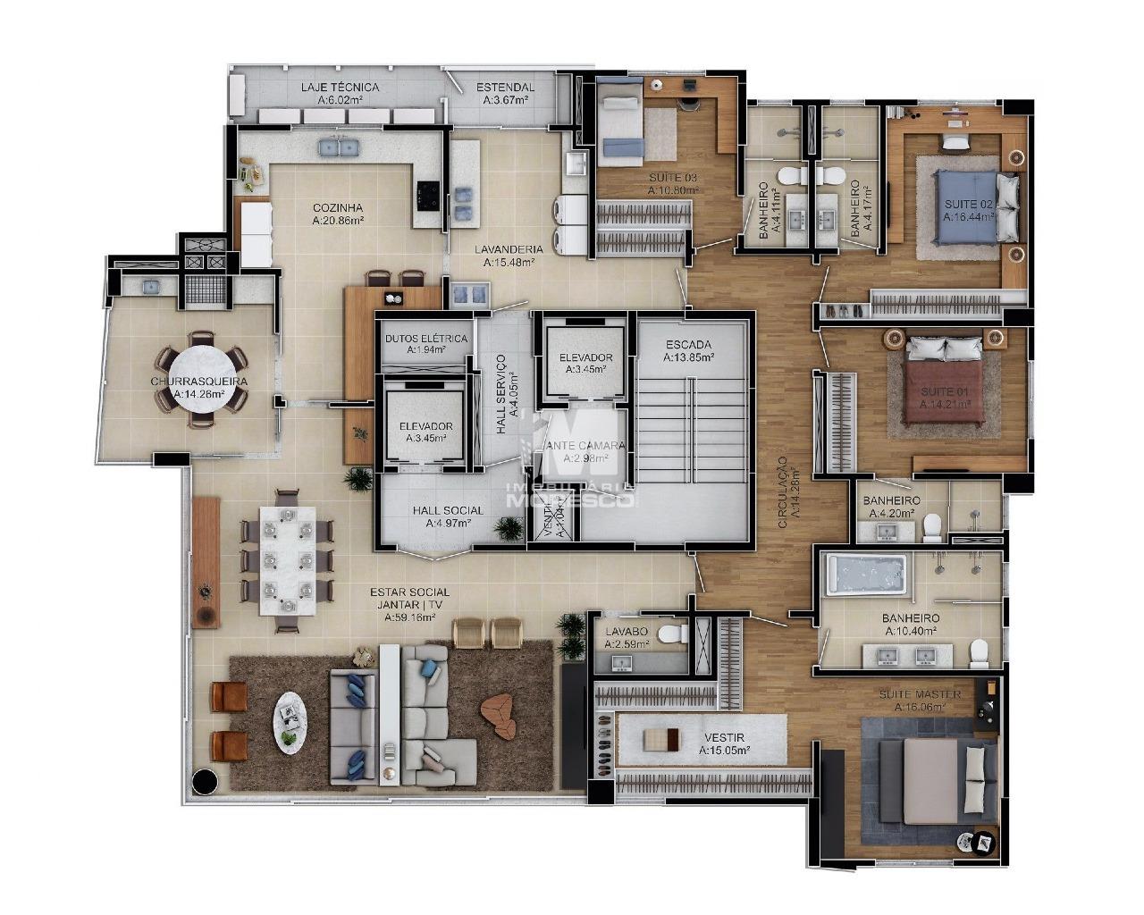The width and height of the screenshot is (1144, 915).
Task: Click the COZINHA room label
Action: coord(337,207)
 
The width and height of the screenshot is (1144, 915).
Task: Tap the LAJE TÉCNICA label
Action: coord(340,88)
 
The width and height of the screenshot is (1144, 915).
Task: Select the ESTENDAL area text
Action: coord(505,100)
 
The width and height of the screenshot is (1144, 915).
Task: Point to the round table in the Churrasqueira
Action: coord(200,382)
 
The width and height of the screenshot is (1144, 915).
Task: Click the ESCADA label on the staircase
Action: coord(688,344)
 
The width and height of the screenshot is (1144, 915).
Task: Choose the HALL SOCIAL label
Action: coord(448,510)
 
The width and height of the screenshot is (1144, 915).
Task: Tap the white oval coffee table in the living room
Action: coord(288,722)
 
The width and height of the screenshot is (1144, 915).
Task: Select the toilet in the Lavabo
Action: coord(669,635)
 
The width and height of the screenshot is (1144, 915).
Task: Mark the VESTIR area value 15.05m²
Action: coord(724,751)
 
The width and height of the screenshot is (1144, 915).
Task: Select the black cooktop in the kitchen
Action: coord(426,191)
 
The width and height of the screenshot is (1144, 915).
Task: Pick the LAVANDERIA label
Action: coord(508,249)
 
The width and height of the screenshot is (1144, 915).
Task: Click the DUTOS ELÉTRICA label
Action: coord(425,339)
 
